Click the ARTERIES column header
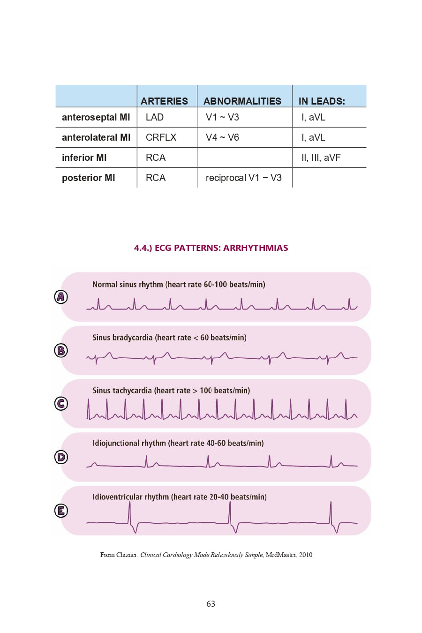164,101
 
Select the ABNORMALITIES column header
242,101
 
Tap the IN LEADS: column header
322,101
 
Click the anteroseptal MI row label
96,117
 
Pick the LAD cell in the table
154,117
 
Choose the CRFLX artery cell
161,137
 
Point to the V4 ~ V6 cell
222,137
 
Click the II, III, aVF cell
321,158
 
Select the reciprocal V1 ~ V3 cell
243,178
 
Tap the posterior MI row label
88,178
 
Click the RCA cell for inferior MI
155,158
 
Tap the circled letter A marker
61,297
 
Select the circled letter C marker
61,404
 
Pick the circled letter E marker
61,511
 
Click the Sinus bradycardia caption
169,338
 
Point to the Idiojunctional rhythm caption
178,443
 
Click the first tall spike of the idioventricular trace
129,511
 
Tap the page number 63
211,604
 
